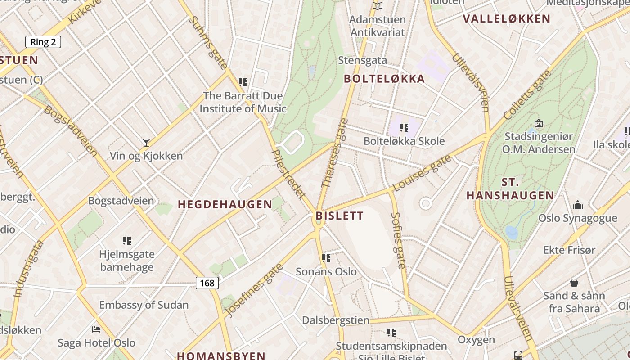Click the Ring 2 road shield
click(x=43, y=42)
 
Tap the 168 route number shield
click(x=207, y=283)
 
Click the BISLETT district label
click(x=339, y=216)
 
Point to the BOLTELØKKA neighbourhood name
click(x=384, y=79)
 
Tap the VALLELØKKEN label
click(x=507, y=19)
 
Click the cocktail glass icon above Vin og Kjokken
click(x=146, y=143)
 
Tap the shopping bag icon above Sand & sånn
click(x=574, y=283)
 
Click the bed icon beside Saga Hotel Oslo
click(x=96, y=329)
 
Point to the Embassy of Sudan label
click(x=144, y=305)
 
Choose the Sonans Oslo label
click(x=326, y=272)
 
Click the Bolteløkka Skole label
click(x=404, y=141)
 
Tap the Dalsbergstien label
click(x=336, y=320)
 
